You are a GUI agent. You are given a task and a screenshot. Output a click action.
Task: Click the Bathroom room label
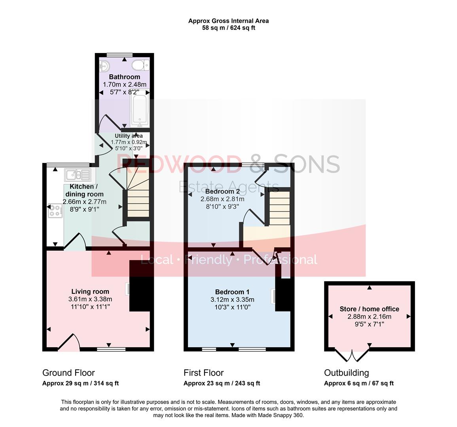pyautogui.click(x=124, y=77)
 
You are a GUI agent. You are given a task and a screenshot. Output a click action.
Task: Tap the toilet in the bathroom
pyautogui.click(x=140, y=64)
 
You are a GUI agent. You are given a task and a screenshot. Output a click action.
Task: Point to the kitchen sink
pyautogui.click(x=78, y=174)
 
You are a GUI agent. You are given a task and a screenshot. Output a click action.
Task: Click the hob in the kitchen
pyautogui.click(x=55, y=210)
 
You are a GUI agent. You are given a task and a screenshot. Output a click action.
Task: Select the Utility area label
pyautogui.click(x=129, y=136)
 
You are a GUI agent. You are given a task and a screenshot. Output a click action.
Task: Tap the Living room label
pyautogui.click(x=90, y=292)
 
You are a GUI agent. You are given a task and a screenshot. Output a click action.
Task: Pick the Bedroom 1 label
pyautogui.click(x=232, y=292)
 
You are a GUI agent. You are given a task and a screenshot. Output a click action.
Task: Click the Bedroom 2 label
pyautogui.click(x=222, y=191)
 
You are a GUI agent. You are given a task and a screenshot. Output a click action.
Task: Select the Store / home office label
pyautogui.click(x=369, y=309)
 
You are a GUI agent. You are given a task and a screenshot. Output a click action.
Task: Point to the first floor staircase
pyautogui.click(x=279, y=208)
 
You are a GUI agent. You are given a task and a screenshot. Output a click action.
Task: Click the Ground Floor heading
pyautogui.click(x=68, y=373)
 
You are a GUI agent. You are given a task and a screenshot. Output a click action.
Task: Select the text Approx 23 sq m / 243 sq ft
pyautogui.click(x=222, y=383)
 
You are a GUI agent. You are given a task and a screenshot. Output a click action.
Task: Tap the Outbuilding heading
pyautogui.click(x=346, y=373)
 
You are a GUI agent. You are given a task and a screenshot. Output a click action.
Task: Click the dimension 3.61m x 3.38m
pyautogui.click(x=90, y=299)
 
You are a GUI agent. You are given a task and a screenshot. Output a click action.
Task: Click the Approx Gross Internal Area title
pyautogui.click(x=228, y=21)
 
